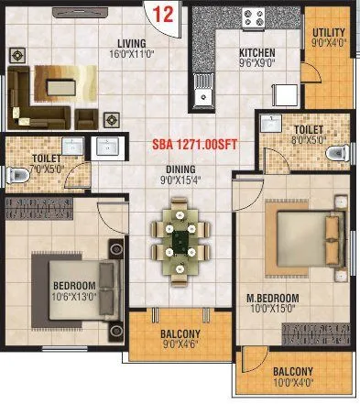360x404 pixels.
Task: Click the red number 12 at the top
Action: point(164,14)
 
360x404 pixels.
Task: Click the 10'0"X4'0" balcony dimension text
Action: point(295,384)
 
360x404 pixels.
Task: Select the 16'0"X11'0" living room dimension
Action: point(144,55)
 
